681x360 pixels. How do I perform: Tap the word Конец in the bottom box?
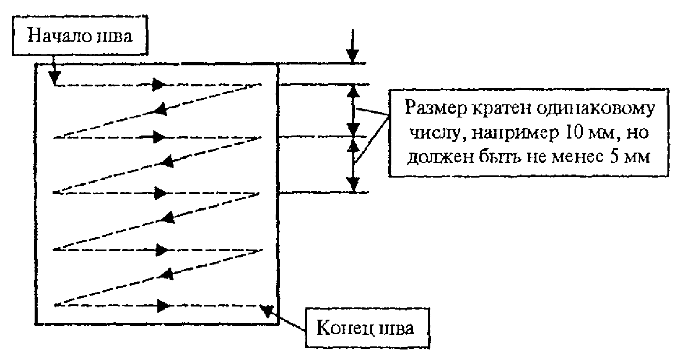click(x=345, y=329)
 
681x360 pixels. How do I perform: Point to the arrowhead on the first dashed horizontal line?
click(x=158, y=85)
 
